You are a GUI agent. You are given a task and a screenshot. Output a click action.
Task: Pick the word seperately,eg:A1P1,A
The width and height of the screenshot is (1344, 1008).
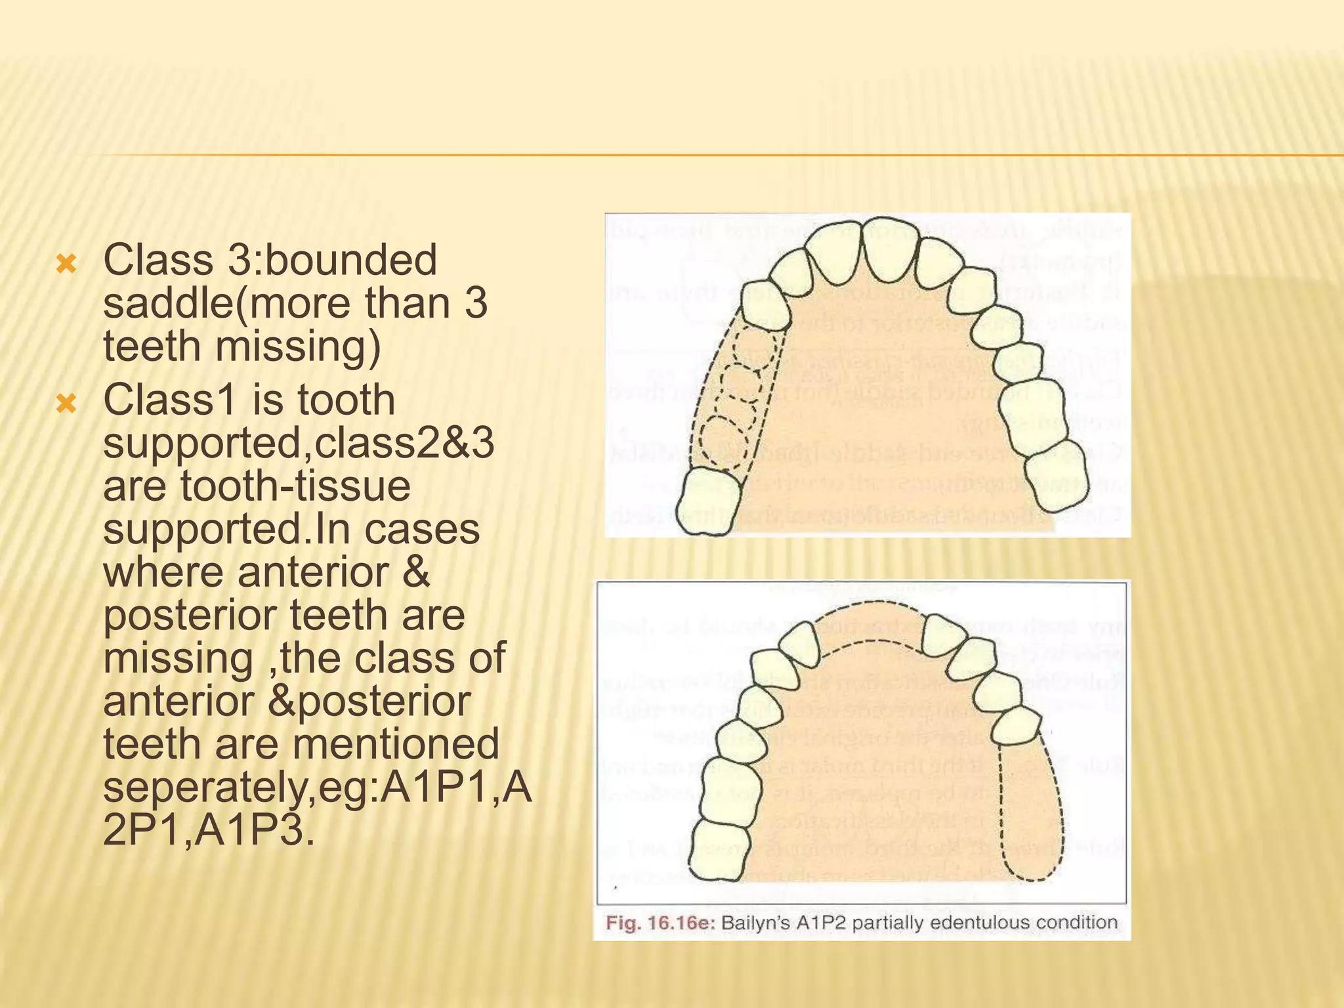click(x=318, y=787)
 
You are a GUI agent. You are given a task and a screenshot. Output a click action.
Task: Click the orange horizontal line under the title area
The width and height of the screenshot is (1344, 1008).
click(x=722, y=156)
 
